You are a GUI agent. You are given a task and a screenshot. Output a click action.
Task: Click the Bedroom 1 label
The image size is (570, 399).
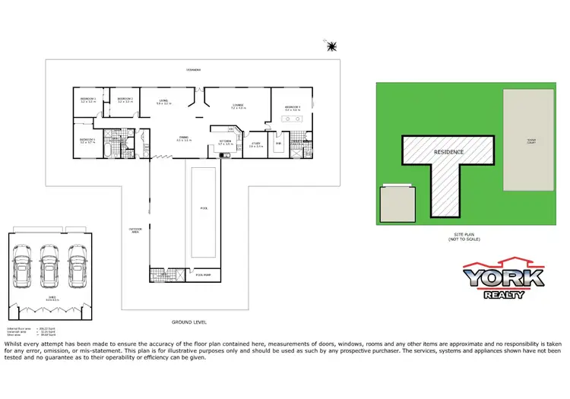click(x=293, y=108)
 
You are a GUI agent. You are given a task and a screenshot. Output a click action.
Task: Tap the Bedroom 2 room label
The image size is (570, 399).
click(x=125, y=99)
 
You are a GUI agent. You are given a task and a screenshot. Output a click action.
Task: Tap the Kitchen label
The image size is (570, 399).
click(x=226, y=142)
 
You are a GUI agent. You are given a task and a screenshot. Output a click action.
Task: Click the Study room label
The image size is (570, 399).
click(x=256, y=144)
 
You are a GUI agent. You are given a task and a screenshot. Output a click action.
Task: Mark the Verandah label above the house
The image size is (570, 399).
click(x=195, y=69)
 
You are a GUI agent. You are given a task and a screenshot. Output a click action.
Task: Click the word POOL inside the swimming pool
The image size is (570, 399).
click(x=203, y=207)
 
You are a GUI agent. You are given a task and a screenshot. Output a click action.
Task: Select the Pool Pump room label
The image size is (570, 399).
click(x=204, y=274)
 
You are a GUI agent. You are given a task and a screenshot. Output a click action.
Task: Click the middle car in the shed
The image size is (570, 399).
click(x=49, y=270)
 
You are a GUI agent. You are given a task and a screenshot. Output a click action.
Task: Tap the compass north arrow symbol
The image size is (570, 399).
click(x=331, y=47)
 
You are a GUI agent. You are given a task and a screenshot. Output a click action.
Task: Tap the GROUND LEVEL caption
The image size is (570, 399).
click(x=189, y=322)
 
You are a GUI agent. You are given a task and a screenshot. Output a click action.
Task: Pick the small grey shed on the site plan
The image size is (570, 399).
click(x=398, y=203)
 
